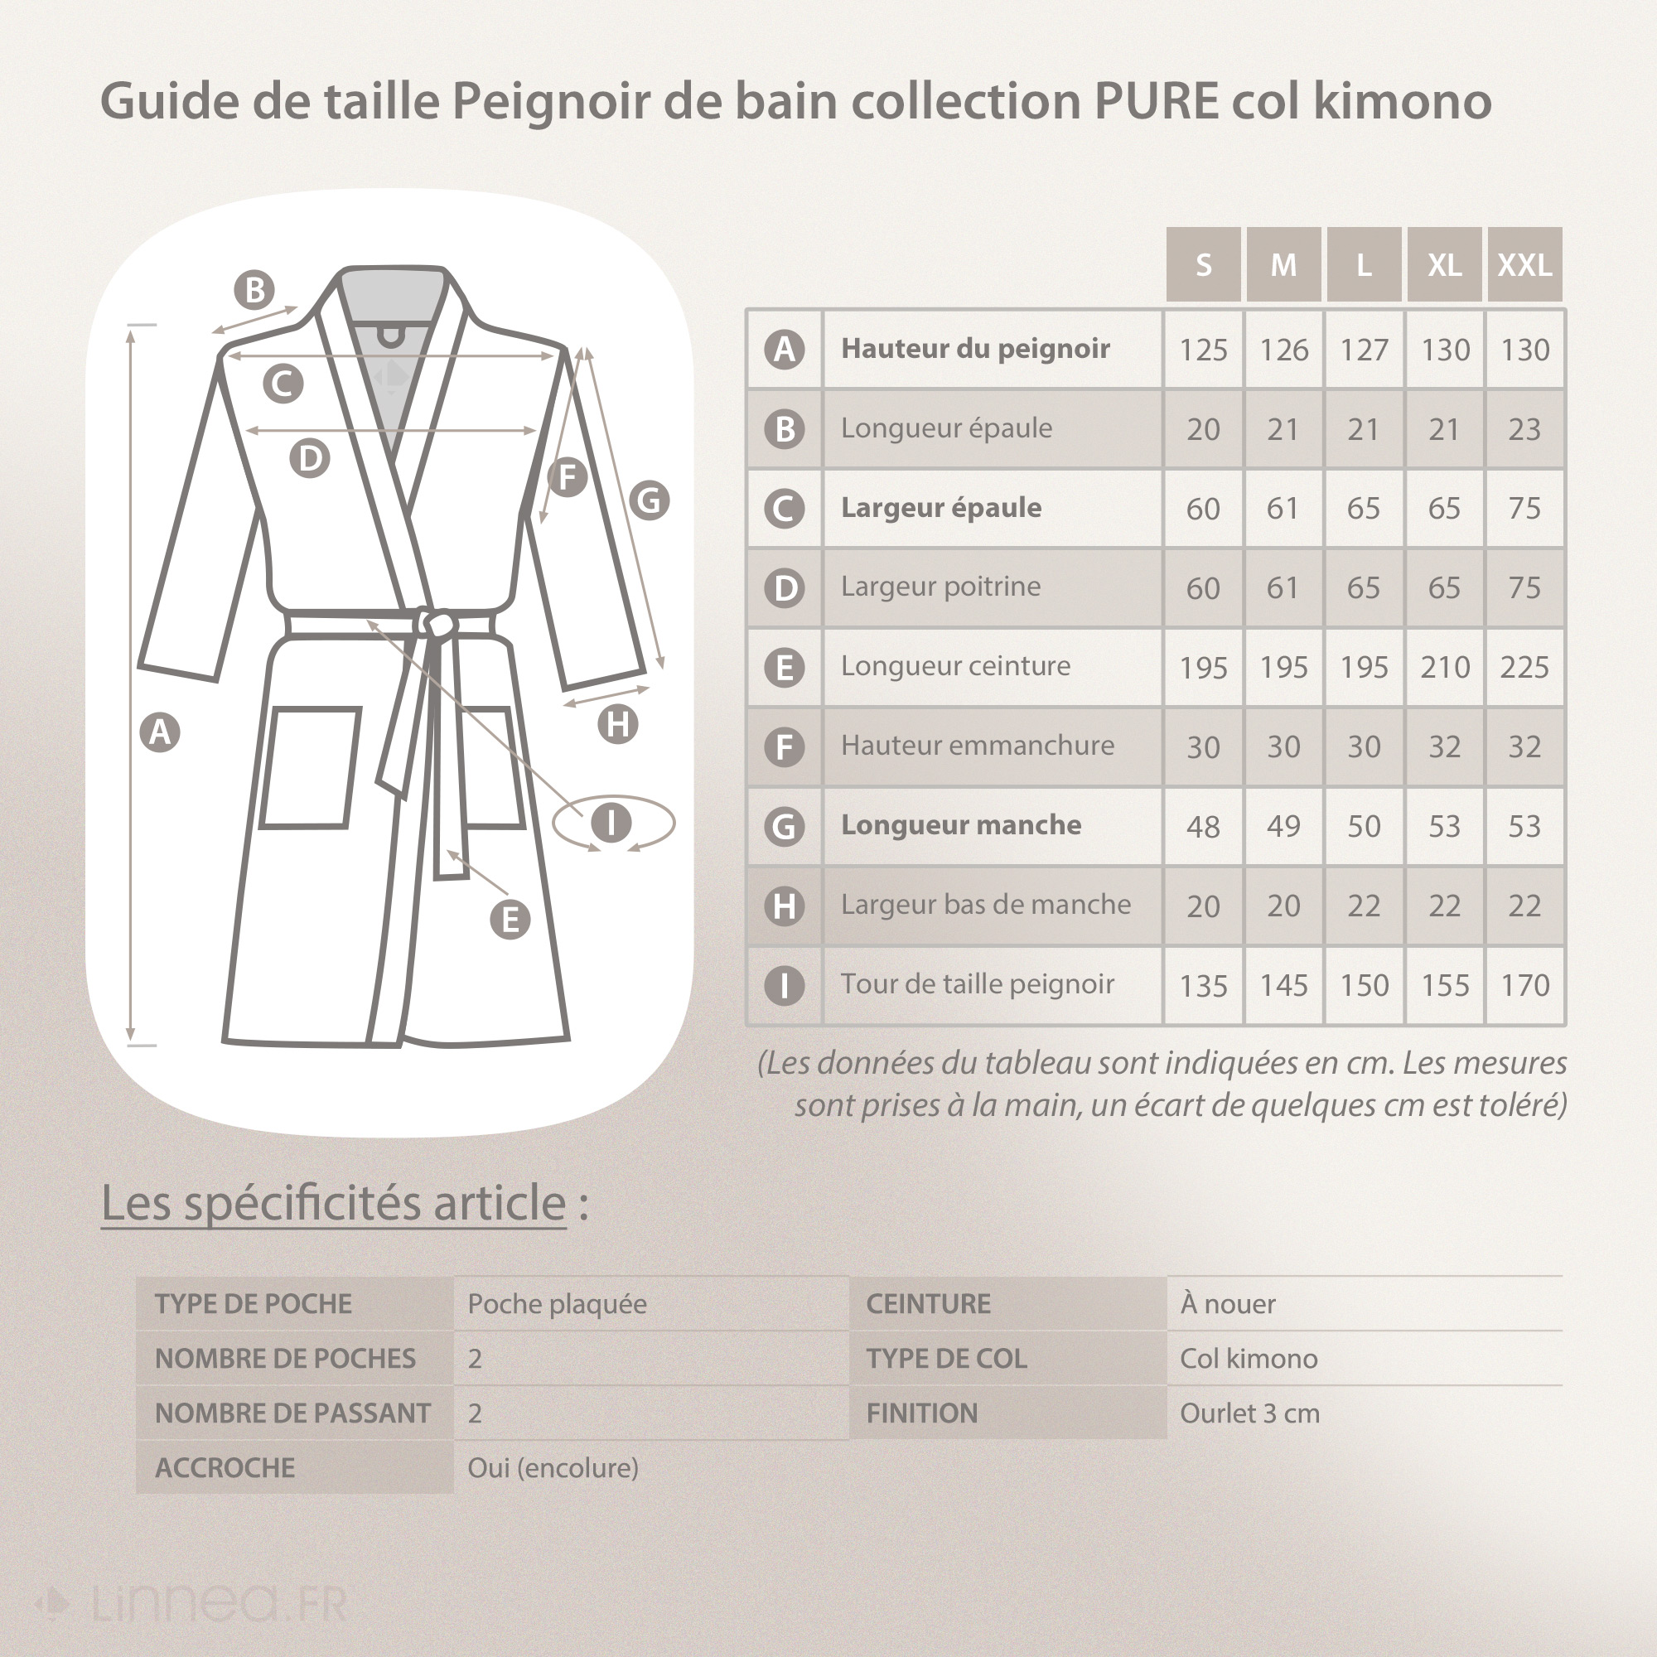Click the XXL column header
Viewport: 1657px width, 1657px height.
(1524, 265)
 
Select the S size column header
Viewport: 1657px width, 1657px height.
(1203, 265)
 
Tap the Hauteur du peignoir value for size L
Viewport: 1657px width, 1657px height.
(1364, 350)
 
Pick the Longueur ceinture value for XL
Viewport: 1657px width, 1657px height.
(1444, 667)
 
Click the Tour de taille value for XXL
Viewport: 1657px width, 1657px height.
(1524, 985)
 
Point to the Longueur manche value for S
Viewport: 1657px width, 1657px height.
(1203, 827)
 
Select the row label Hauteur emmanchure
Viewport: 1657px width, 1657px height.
(977, 746)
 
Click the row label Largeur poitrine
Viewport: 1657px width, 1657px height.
(940, 587)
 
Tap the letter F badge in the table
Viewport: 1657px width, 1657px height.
(784, 747)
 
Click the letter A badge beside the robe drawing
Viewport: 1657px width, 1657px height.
(160, 732)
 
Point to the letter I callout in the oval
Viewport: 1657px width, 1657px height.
(611, 823)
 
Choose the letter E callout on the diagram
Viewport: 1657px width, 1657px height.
(510, 920)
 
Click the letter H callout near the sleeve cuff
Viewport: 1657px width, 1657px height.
(617, 725)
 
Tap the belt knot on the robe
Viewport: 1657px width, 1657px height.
(437, 623)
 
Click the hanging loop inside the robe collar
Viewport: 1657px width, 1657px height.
(391, 337)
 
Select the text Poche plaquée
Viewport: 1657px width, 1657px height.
(557, 1303)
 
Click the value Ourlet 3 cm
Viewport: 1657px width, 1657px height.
(1249, 1413)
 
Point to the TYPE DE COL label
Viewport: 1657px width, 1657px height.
(946, 1359)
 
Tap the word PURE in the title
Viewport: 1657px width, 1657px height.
(1156, 101)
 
